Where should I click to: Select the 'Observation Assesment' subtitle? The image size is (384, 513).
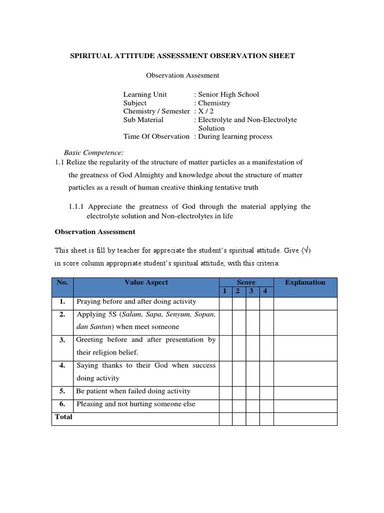(182, 76)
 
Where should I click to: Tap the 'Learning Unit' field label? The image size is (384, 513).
(145, 94)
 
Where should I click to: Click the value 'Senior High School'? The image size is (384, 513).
(228, 94)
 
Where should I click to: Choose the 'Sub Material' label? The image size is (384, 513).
(143, 120)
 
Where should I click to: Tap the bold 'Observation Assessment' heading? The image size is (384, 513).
(94, 232)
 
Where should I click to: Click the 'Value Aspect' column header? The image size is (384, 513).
(146, 283)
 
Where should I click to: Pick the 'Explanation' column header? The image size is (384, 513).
(305, 283)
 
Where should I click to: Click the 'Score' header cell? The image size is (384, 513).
(246, 283)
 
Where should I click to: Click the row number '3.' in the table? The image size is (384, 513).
(62, 340)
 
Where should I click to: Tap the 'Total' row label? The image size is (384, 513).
(63, 417)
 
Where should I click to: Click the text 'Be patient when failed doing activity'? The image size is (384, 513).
(133, 391)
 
